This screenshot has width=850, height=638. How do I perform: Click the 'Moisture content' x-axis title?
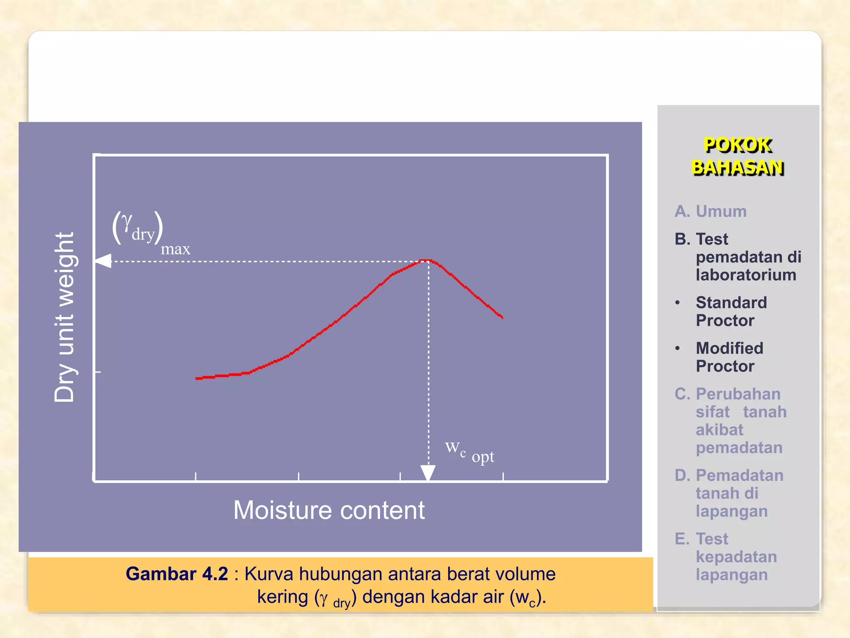(329, 510)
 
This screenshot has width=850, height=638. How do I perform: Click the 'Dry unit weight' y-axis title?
(64, 317)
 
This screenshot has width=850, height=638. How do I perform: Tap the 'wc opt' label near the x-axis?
(469, 452)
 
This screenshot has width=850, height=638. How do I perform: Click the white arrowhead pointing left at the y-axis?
(103, 261)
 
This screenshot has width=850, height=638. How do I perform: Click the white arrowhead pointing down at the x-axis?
(428, 473)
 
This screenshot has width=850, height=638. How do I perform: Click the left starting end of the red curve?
(198, 378)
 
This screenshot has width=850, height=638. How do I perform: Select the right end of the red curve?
(502, 317)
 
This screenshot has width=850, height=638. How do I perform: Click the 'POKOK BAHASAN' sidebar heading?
(738, 156)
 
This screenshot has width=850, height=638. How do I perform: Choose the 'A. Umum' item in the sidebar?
(710, 211)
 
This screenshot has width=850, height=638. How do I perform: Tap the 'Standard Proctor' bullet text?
(731, 312)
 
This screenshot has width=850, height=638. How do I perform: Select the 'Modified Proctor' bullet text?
(729, 357)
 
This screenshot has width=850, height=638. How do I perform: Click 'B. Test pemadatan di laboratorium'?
(738, 257)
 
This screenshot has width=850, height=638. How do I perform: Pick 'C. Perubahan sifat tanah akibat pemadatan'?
(730, 421)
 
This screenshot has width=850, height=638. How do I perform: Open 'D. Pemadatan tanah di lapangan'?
(729, 493)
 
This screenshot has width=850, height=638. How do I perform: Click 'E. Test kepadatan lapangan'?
(726, 557)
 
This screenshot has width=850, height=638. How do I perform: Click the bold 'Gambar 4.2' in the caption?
(177, 574)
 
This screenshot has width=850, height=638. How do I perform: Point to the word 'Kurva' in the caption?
(269, 574)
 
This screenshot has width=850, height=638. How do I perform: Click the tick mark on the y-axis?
(98, 372)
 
